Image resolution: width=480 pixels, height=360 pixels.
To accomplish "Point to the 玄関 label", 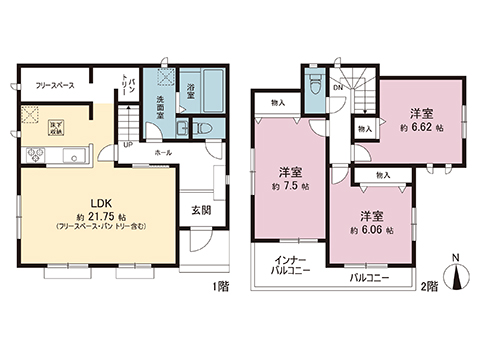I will click(x=200, y=211).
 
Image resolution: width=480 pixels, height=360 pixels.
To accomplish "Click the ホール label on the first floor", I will click(x=162, y=153).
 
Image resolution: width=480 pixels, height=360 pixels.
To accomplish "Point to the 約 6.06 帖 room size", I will click(x=371, y=228).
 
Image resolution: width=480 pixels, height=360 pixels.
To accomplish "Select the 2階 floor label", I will click(x=431, y=287).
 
